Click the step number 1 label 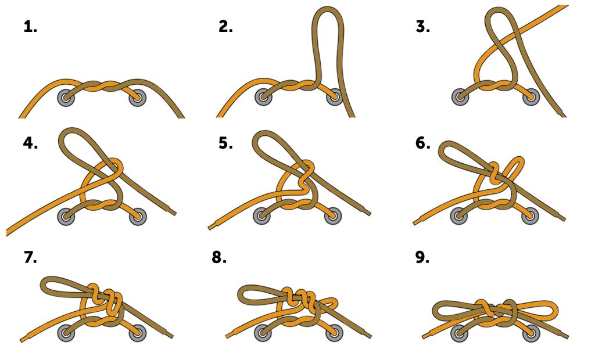[x=30, y=27]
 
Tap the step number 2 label [x=225, y=27]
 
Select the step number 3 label [x=423, y=27]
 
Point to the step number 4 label [x=30, y=143]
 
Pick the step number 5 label [x=225, y=143]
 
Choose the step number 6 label [x=423, y=143]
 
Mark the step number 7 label [x=30, y=257]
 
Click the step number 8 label [x=219, y=257]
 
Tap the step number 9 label [x=422, y=257]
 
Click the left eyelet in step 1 [x=66, y=98]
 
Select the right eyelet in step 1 [x=137, y=98]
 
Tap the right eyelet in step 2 [x=335, y=97]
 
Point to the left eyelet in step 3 [x=460, y=97]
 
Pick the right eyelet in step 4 [x=137, y=217]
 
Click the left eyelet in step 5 [x=262, y=215]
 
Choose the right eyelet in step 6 [x=530, y=216]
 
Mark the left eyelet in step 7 [x=66, y=333]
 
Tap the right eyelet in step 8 [x=334, y=333]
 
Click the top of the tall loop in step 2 [x=328, y=8]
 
